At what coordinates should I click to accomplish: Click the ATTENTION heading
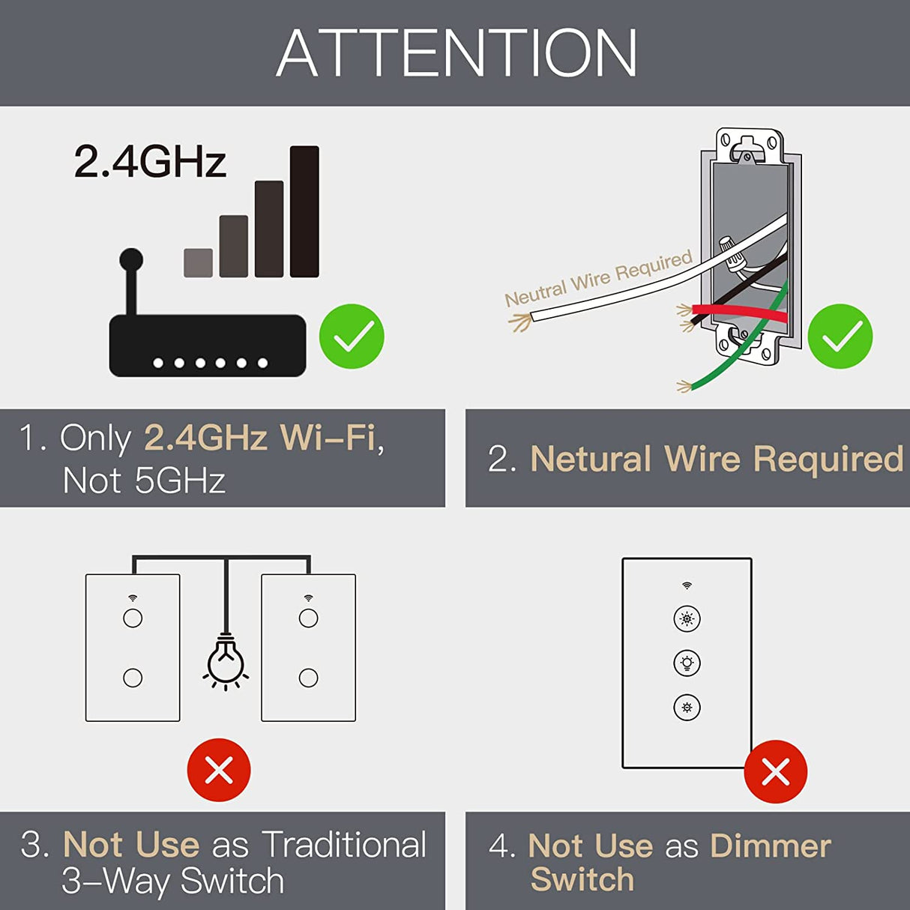(456, 53)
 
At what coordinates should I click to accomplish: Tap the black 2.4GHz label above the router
(150, 161)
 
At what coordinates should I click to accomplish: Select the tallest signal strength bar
(304, 211)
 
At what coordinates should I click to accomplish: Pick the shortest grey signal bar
(198, 263)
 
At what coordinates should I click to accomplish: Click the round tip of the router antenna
(131, 259)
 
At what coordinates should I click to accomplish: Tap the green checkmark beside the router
(352, 337)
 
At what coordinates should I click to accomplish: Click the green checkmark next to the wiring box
(840, 337)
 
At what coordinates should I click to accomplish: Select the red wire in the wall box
(738, 313)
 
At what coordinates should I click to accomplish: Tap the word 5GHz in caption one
(180, 480)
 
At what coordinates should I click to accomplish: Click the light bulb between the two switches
(226, 660)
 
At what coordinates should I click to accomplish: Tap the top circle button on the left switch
(133, 618)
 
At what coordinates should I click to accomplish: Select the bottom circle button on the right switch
(308, 678)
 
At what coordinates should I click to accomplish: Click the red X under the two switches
(219, 770)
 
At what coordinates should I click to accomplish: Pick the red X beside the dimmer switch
(775, 771)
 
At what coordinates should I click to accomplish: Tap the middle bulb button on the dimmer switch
(687, 663)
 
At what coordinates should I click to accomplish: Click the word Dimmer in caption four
(771, 846)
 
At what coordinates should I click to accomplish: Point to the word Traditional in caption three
(344, 845)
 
